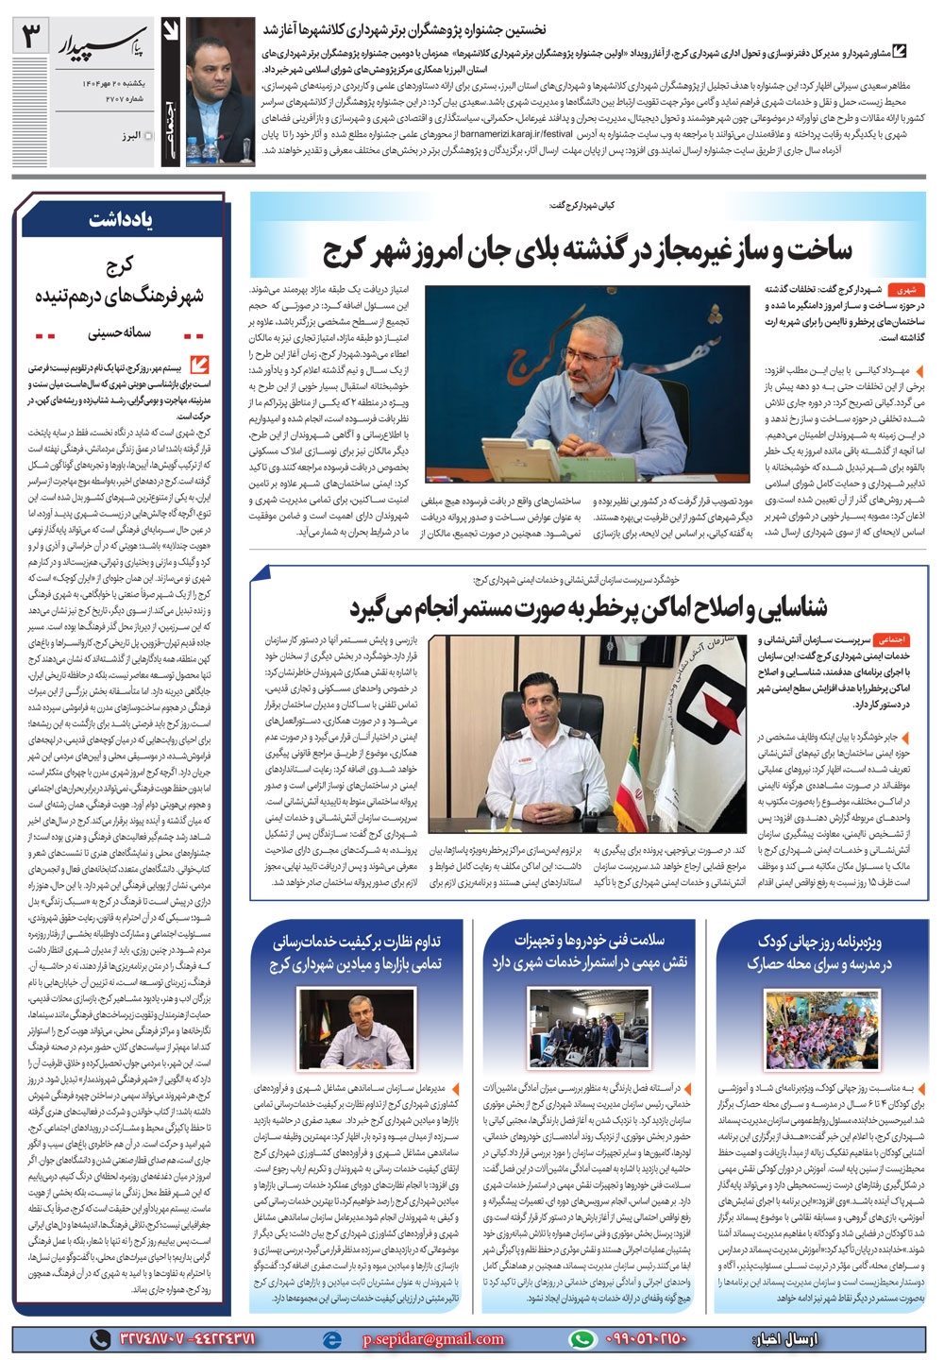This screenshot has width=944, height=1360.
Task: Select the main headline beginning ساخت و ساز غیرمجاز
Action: pyautogui.click(x=588, y=248)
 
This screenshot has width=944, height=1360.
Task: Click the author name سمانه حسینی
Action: pyautogui.click(x=114, y=333)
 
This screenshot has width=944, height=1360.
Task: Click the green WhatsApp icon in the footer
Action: pyautogui.click(x=586, y=1338)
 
